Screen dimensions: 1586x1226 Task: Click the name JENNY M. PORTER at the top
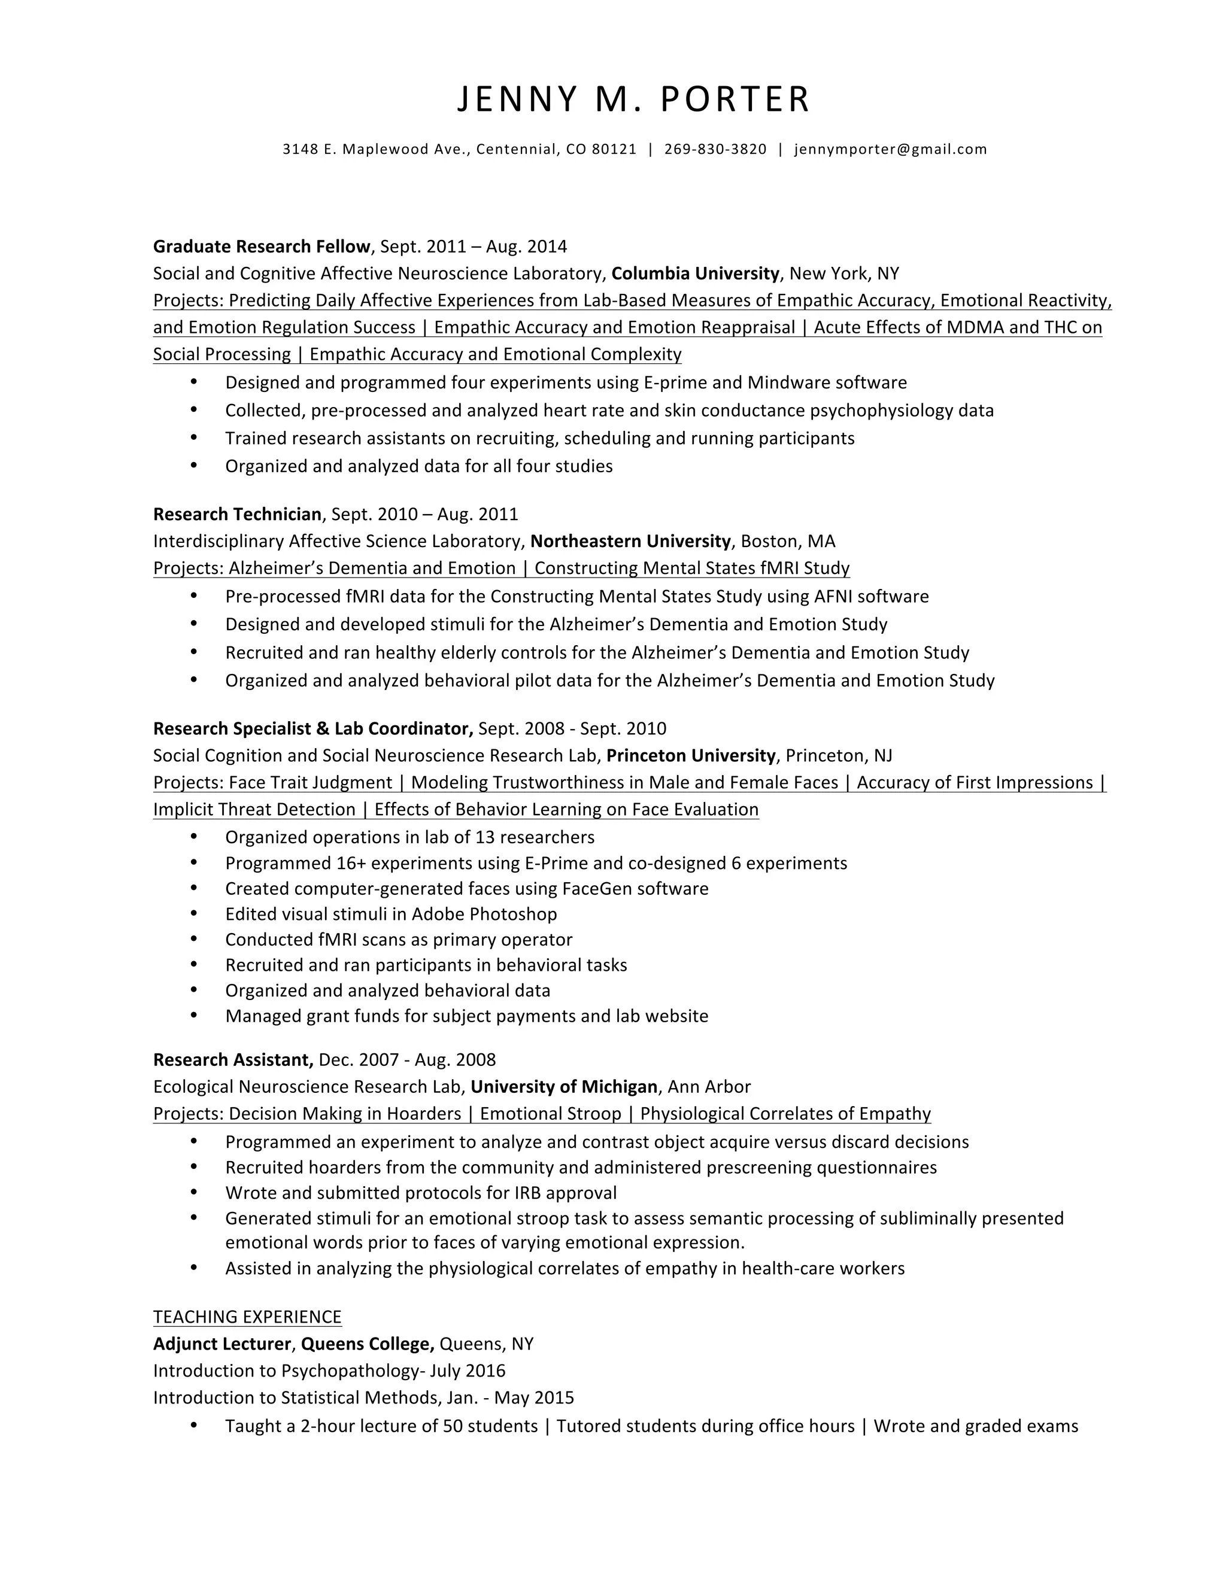coord(633,99)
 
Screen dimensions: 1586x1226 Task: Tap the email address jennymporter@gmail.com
coord(890,150)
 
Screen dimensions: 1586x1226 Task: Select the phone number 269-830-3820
coord(715,150)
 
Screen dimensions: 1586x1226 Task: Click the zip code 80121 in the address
coord(614,150)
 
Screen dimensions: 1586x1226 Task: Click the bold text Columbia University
coord(695,274)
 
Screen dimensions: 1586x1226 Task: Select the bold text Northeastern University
coord(630,541)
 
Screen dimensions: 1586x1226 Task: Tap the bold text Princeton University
coord(691,755)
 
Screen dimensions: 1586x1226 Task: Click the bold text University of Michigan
coord(563,1086)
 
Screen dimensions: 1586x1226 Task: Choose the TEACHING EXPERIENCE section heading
coord(247,1317)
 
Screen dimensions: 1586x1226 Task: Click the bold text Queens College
coord(367,1344)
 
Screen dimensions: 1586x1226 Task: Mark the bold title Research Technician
coord(237,514)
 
